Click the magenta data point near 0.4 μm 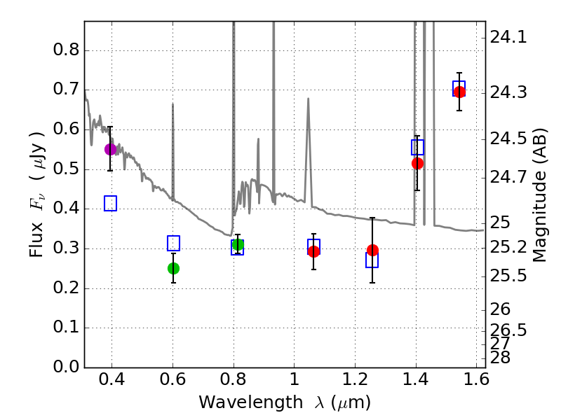pos(111,149)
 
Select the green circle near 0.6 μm pos(173,268)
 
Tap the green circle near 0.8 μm pos(238,244)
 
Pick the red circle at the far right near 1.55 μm pos(459,92)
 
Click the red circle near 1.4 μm pos(417,163)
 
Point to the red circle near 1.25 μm pos(372,250)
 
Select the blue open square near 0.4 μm pos(111,203)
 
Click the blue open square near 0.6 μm pos(173,243)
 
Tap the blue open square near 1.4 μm pos(417,147)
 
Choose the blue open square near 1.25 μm pos(372,260)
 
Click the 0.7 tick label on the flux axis pos(66,89)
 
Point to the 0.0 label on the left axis pos(66,367)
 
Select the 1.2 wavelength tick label pos(355,379)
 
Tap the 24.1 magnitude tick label pos(508,37)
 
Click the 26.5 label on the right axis pos(508,330)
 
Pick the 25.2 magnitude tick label pos(508,248)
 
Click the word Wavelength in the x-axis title pos(251,402)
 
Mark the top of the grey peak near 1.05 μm pos(308,98)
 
